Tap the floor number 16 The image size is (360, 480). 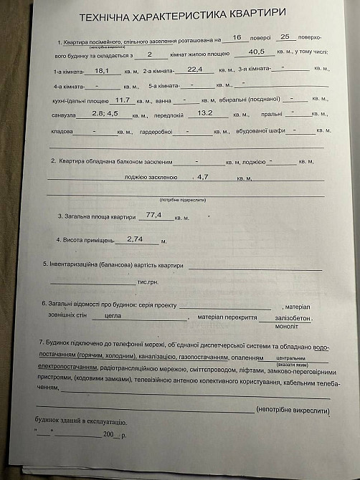coord(237,37)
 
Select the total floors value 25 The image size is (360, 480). coord(284,37)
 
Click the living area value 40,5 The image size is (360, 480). coord(257,52)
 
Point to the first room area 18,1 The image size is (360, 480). coord(101,70)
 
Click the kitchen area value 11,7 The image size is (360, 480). coord(122,100)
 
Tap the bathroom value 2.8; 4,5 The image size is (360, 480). coord(105,114)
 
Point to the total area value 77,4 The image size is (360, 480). coord(153,214)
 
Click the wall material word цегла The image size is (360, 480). coord(113,315)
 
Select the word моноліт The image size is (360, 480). coord(286,326)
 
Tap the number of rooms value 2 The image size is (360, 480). coord(149,54)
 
